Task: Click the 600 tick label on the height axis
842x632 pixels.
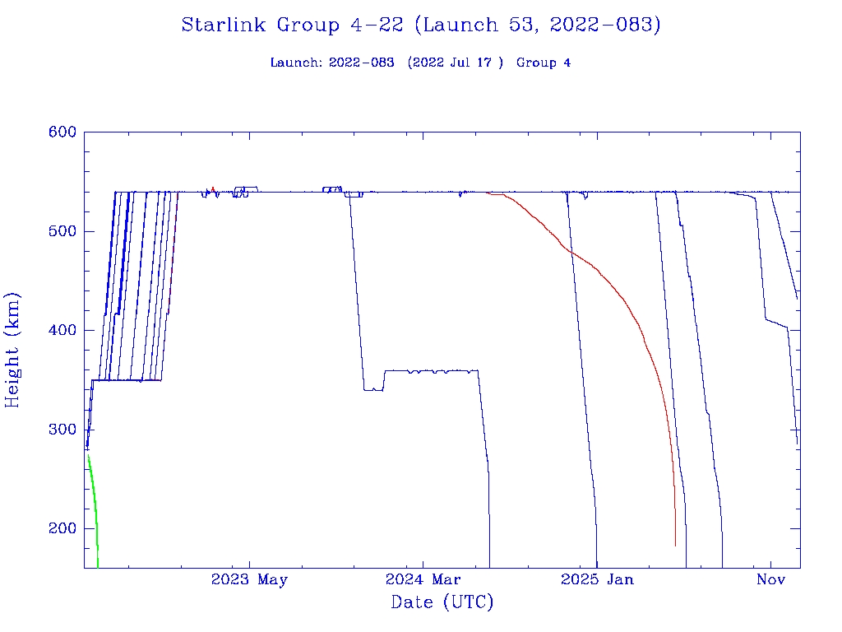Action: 62,132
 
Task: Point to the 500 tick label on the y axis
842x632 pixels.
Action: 62,231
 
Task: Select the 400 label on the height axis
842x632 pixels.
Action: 62,330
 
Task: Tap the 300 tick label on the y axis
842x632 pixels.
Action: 62,430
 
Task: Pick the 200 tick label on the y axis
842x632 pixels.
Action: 62,528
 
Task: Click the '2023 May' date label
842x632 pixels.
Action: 249,579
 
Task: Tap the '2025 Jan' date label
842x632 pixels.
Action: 597,579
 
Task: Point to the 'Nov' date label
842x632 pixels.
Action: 771,579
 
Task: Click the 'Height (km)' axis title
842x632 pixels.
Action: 13,350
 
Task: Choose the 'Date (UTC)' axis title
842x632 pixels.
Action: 442,603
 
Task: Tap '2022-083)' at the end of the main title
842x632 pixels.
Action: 606,26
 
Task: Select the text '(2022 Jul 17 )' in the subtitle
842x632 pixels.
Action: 455,63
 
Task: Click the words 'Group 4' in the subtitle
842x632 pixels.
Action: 544,63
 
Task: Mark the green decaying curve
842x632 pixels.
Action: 94,502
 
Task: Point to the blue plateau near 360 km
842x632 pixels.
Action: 428,371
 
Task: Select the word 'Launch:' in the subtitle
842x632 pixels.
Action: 297,63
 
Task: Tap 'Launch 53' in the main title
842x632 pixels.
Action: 470,26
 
